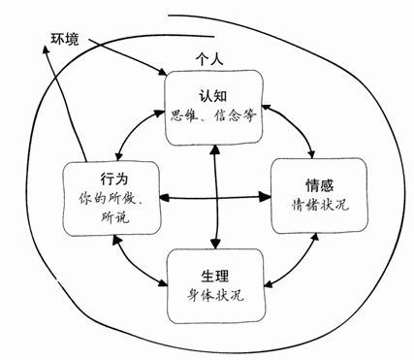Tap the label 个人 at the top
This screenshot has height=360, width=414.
pyautogui.click(x=209, y=61)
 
